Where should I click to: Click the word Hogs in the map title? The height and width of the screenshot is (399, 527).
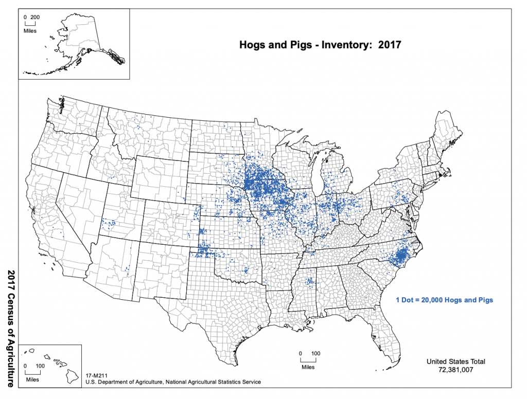coord(253,45)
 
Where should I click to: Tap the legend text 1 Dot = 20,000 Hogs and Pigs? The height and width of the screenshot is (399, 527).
coord(444,300)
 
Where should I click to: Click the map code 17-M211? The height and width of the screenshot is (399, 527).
coord(97,376)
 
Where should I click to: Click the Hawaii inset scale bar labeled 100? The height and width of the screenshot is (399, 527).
coord(33,371)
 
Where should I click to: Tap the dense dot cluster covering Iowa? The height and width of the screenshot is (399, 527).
coord(265,183)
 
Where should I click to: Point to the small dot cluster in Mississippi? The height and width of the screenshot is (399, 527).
coord(310,281)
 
